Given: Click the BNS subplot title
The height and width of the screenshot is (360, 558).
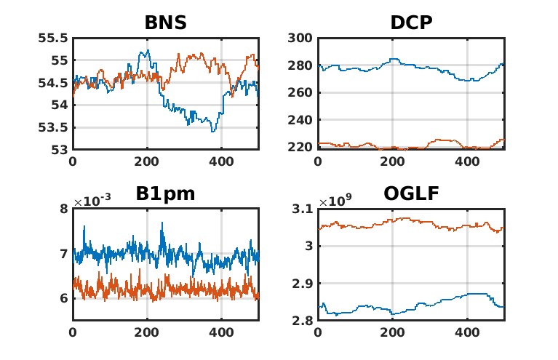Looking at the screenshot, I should click(165, 23).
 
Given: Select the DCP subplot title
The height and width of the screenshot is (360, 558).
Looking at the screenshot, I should click(411, 23).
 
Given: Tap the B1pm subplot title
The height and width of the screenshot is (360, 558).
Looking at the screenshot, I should click(165, 194).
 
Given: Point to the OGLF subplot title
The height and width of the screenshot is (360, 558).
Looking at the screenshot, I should click(411, 194).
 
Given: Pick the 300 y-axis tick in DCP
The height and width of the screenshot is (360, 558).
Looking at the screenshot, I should click(301, 38).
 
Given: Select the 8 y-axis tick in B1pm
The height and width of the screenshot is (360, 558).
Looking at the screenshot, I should click(63, 209).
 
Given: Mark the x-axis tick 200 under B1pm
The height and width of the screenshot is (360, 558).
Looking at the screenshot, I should click(147, 332).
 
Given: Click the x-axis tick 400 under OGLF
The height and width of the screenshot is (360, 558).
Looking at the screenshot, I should click(466, 332).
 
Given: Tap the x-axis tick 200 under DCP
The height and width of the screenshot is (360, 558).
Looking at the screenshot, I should click(391, 161).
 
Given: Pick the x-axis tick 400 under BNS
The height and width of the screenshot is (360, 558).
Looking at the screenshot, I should click(221, 161).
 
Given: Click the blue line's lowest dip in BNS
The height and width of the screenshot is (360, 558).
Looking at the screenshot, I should click(213, 131).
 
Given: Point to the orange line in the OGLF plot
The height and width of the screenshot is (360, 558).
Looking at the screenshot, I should click(393, 219).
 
